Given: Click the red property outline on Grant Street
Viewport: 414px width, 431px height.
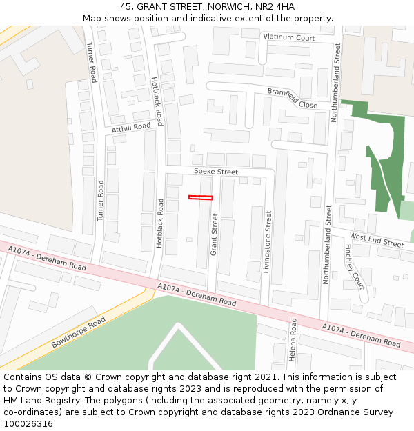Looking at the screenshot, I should click(200, 198).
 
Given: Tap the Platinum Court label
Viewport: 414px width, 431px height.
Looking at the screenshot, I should click(288, 37).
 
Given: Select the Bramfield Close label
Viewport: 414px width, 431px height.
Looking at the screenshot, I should click(293, 98).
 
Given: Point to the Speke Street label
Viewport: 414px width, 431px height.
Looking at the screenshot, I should click(215, 172).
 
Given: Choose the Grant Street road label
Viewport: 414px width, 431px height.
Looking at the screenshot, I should click(214, 234).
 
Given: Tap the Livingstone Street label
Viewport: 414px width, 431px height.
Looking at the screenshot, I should click(268, 242).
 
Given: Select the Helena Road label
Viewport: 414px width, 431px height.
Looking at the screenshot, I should click(293, 340).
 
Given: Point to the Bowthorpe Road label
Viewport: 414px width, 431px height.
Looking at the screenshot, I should click(78, 332).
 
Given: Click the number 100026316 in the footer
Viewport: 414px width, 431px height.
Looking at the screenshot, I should click(29, 424).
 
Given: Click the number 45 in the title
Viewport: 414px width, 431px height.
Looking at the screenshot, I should click(126, 6).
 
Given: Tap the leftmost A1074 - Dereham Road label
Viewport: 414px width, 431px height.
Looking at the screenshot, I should click(47, 258).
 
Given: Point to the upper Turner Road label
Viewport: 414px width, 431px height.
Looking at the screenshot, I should click(91, 62).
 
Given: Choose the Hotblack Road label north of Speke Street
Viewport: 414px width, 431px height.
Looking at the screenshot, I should click(157, 101).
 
